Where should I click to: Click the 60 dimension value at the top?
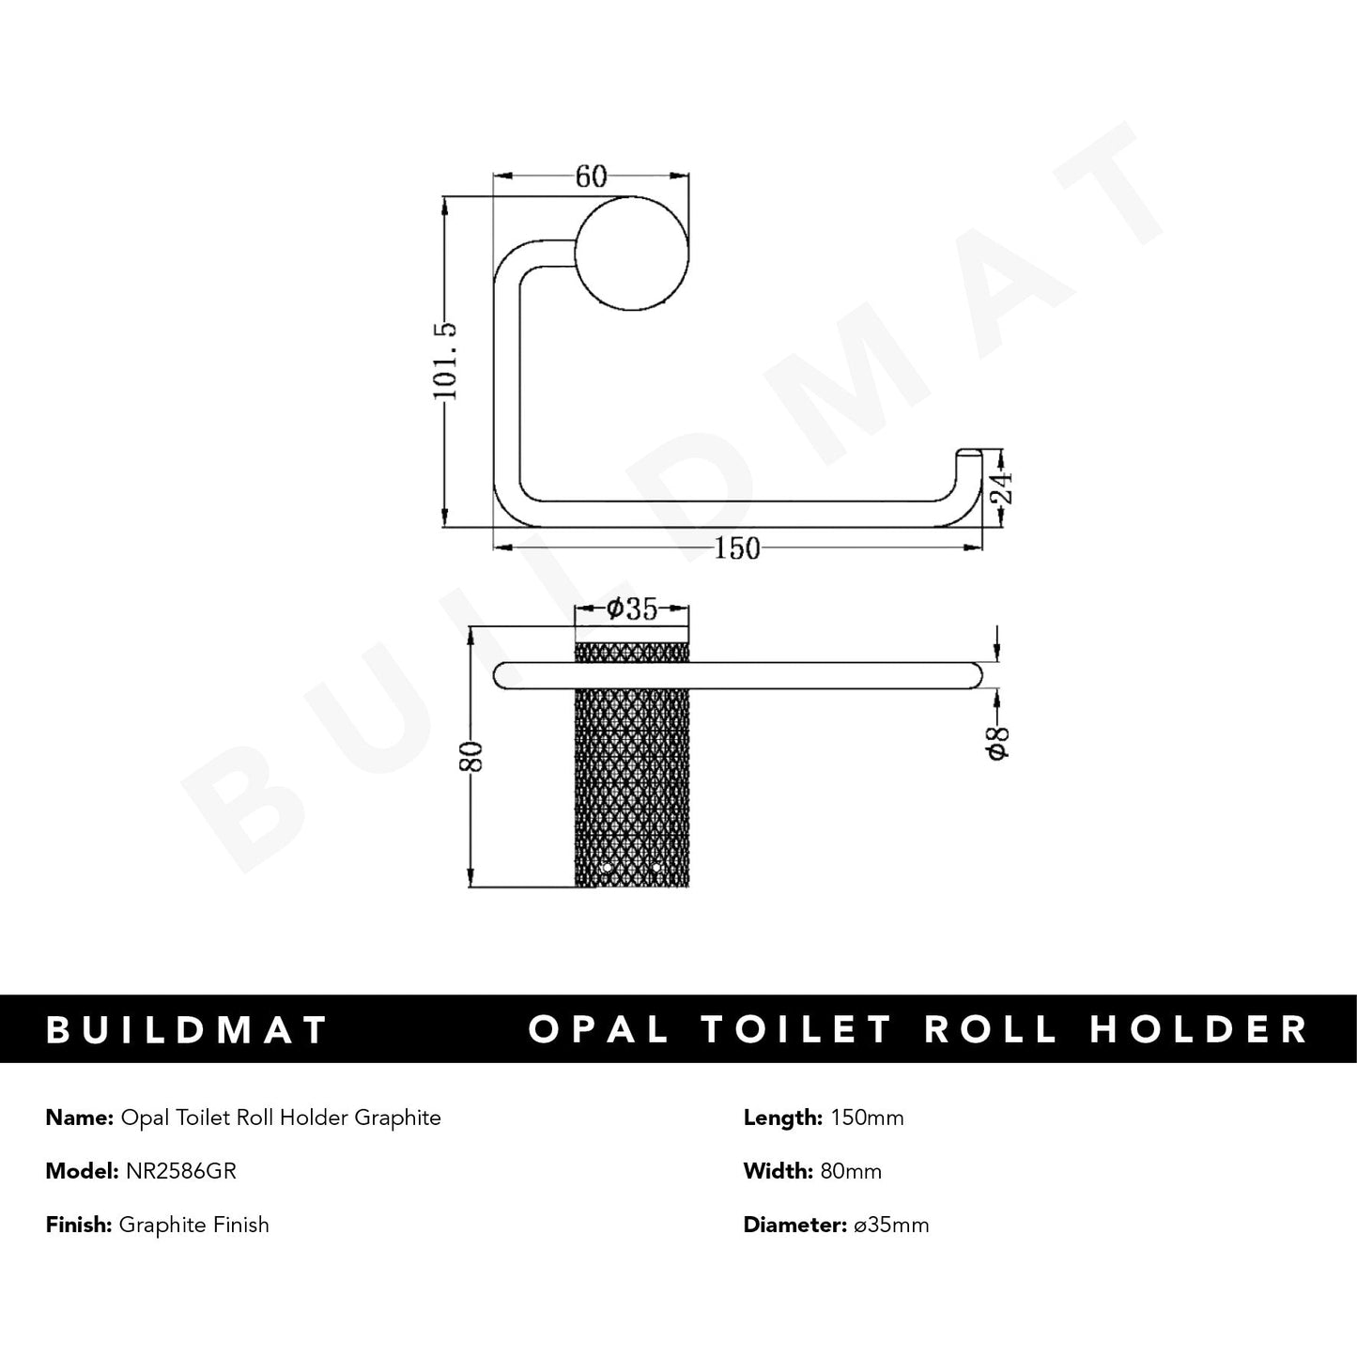coord(591,177)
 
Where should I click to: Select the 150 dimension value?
coord(737,548)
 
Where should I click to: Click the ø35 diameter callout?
coord(631,610)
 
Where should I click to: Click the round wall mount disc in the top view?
coord(632,256)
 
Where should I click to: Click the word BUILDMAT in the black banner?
coord(187,1029)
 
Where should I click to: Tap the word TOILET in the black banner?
coord(797,1029)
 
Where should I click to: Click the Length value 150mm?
coord(863,1118)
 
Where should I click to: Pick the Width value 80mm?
coord(852,1171)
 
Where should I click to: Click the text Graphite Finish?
coord(194,1225)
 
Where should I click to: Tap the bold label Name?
coord(79,1118)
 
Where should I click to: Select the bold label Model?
coord(81,1171)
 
